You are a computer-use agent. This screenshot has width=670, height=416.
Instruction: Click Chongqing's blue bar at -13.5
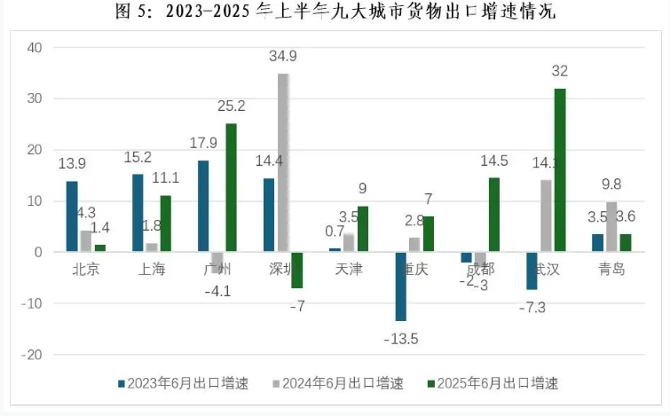[x=401, y=286]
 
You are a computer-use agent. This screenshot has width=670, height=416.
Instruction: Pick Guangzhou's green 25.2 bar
[x=231, y=188]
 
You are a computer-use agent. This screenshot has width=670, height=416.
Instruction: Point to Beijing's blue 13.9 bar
[x=72, y=216]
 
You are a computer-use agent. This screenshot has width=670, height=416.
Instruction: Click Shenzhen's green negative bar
[x=296, y=271]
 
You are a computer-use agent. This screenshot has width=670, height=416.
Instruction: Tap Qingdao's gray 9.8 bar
[x=611, y=227]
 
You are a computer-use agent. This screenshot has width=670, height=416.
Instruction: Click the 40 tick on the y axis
[x=35, y=48]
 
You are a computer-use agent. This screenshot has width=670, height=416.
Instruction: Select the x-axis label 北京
[x=85, y=269]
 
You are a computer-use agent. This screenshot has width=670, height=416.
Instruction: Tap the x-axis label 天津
[x=348, y=269]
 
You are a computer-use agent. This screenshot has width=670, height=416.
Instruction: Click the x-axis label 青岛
[x=611, y=269]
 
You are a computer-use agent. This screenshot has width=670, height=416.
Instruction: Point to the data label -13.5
[x=401, y=338]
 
